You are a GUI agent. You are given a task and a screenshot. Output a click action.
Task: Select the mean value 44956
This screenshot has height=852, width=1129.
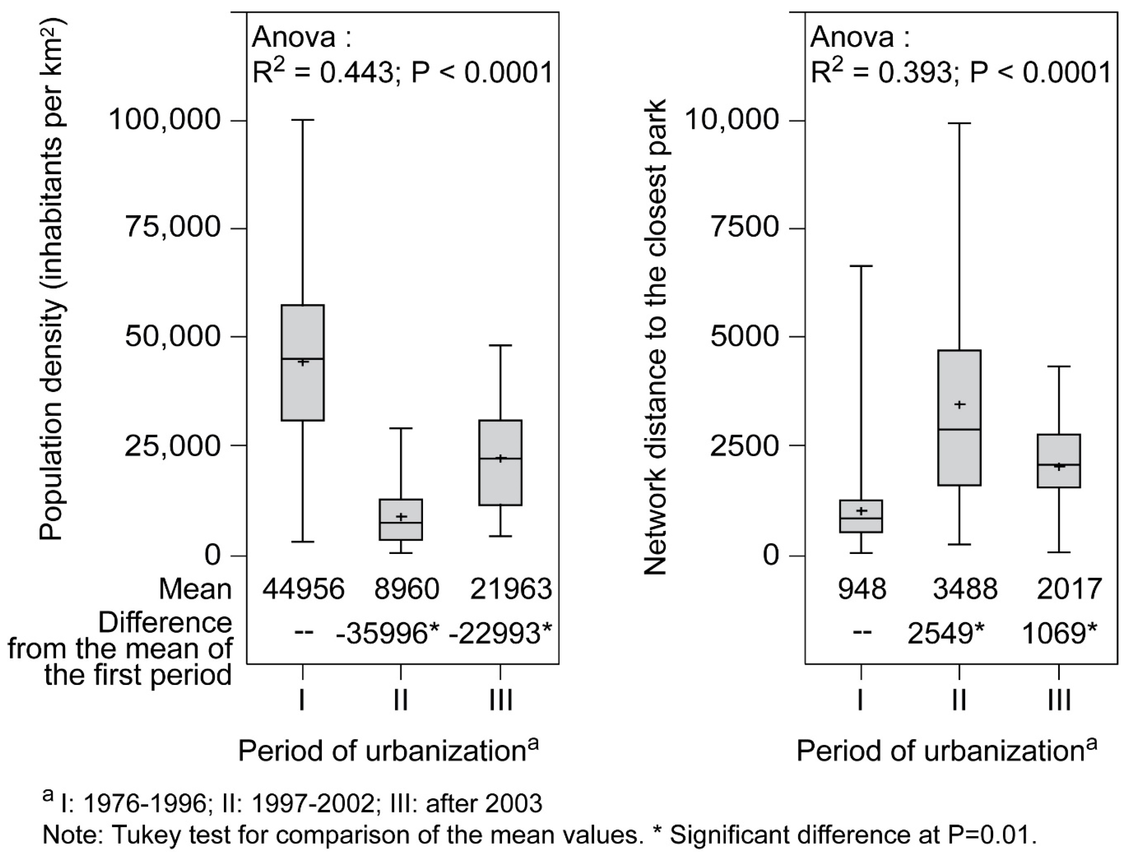point(304,589)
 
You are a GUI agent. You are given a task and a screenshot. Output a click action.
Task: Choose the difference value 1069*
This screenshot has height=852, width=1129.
point(1059,633)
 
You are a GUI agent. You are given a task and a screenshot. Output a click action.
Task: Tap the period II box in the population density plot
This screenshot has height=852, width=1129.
point(401,519)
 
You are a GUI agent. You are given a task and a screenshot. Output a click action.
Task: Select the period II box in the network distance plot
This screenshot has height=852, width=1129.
point(959,417)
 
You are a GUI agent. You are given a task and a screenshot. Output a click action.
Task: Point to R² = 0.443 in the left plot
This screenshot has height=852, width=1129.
point(321,73)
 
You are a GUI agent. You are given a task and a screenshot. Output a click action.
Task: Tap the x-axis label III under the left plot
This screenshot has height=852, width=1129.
point(500,700)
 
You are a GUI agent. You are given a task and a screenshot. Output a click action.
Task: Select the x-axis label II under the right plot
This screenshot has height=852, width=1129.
point(959,700)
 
